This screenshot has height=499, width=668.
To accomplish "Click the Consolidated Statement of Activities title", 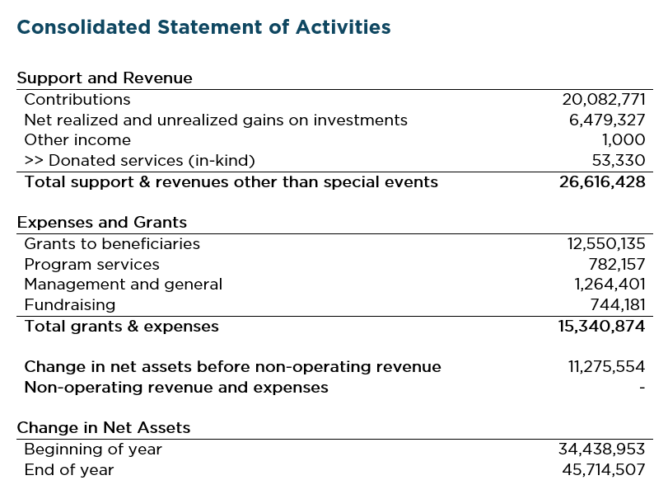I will coord(203,27).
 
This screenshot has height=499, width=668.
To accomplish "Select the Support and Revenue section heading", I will coord(105,78).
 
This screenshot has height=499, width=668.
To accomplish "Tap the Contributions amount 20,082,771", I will coord(604,100).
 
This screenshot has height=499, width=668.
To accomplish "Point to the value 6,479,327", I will coord(609,120).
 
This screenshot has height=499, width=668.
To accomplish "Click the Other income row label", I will coord(77,140).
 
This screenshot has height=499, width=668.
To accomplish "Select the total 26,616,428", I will coord(602,182).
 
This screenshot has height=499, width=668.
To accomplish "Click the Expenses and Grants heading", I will coord(102,223).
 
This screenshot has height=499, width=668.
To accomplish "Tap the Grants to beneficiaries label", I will coord(112,244).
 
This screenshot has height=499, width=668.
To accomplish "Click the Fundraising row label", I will coord(70,305).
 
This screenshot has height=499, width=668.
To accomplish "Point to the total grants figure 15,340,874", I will coord(602,327).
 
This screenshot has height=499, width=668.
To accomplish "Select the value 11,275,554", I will coord(606,367).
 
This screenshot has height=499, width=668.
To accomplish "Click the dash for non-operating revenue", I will coord(642,388).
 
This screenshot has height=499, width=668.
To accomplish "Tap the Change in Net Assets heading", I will coord(104,428).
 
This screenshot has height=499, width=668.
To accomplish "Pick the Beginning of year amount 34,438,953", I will coord(602,450).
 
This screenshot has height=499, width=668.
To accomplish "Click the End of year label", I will coord(69,470).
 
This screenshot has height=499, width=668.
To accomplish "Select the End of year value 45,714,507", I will coord(602,470).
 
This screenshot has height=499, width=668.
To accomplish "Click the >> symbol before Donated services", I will coord(34,161).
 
